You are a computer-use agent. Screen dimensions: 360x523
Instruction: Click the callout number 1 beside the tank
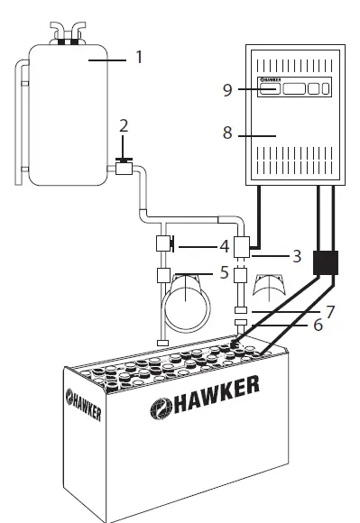coord(139,57)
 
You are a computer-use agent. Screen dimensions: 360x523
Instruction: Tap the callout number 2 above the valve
coord(124,126)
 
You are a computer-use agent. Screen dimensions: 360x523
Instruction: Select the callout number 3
coord(297,256)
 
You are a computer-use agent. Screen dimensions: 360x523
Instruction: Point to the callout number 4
coord(225,246)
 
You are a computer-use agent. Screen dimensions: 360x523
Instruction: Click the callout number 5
coord(225,272)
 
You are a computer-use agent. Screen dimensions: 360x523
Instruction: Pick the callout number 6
coord(318,325)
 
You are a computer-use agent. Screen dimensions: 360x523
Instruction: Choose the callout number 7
coord(330,312)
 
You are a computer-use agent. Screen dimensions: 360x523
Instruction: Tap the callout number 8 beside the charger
coord(227,133)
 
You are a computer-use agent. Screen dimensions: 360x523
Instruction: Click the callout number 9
coord(227,90)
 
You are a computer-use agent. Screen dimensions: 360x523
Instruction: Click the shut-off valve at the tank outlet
coord(125,167)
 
